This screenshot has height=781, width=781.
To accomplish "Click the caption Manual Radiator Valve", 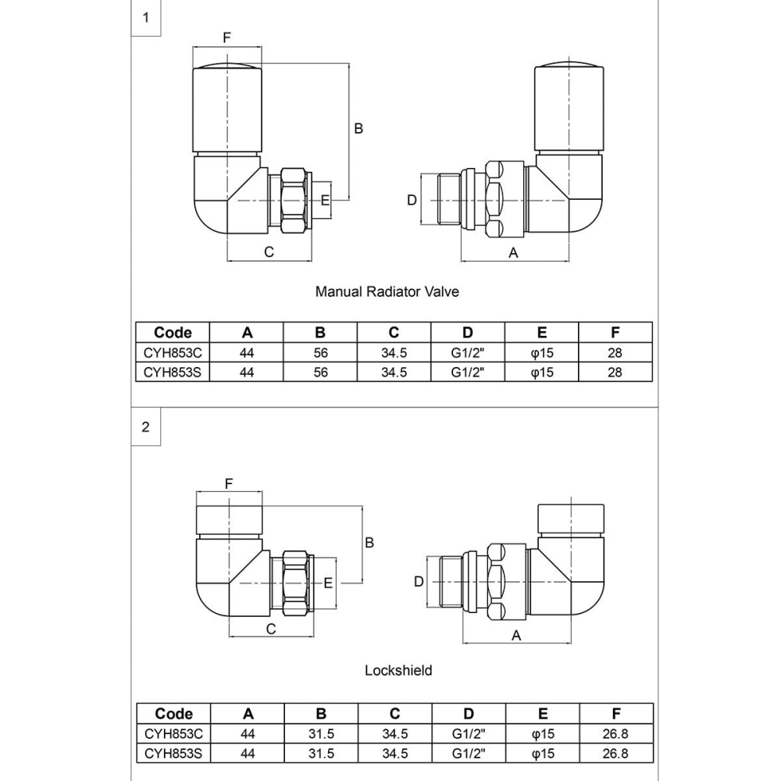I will click(x=387, y=292).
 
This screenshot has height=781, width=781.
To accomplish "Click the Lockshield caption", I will click(x=398, y=670).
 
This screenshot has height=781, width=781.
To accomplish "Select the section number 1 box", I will click(x=145, y=18).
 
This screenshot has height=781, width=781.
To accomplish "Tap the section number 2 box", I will click(x=145, y=427).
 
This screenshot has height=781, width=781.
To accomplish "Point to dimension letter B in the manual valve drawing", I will click(x=358, y=128).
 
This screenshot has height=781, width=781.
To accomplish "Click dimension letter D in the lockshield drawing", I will click(x=419, y=582).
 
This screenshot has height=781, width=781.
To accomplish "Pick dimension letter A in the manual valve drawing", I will click(x=513, y=252).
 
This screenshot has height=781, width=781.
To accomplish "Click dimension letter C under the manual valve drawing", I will click(x=269, y=252).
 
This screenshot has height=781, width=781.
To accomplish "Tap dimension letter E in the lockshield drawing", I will click(x=328, y=583).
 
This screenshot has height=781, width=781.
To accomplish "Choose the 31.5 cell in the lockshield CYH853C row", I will click(x=321, y=734).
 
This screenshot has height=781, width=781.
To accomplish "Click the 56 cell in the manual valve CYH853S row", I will click(x=321, y=373).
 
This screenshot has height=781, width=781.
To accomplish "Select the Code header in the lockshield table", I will click(x=173, y=714).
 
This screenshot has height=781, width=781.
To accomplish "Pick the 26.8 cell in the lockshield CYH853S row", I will click(x=615, y=754).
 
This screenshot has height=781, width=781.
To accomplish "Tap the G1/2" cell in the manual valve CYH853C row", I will click(x=468, y=353).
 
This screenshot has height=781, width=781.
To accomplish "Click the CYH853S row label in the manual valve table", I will click(x=173, y=373).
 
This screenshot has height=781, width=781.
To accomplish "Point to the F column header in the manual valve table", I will click(x=615, y=332).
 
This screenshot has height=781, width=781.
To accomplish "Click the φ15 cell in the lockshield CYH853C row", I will click(x=542, y=734).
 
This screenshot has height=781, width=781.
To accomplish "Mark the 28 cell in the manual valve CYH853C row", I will click(x=615, y=353).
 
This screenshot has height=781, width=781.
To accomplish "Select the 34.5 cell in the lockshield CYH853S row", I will click(x=394, y=754).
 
